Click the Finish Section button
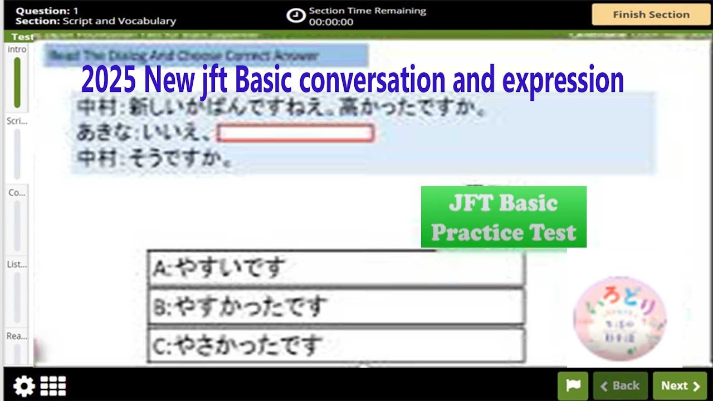(651, 15)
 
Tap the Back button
(620, 385)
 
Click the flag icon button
(573, 385)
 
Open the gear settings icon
(23, 386)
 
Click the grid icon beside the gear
(53, 386)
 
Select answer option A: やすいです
(335, 268)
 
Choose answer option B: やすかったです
(335, 307)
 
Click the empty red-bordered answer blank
(295, 134)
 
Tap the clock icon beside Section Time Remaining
(296, 16)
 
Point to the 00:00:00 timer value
(331, 22)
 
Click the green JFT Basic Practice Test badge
(504, 217)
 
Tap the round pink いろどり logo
(619, 319)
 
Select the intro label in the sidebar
(17, 50)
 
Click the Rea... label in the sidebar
(17, 336)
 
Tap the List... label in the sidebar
(17, 265)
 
